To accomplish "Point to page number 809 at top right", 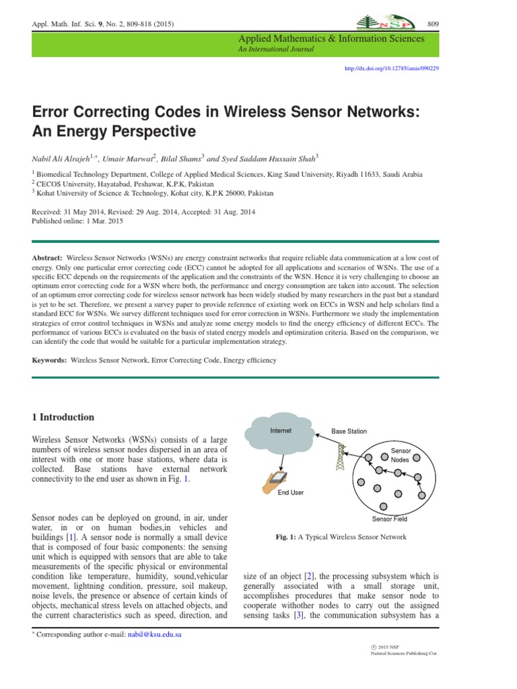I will (x=432, y=24).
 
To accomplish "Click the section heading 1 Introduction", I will (x=63, y=417).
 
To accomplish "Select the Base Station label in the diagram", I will (x=349, y=431).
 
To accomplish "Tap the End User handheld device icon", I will (x=275, y=479).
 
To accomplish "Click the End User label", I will (x=291, y=493).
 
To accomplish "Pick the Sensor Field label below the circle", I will (x=390, y=519).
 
